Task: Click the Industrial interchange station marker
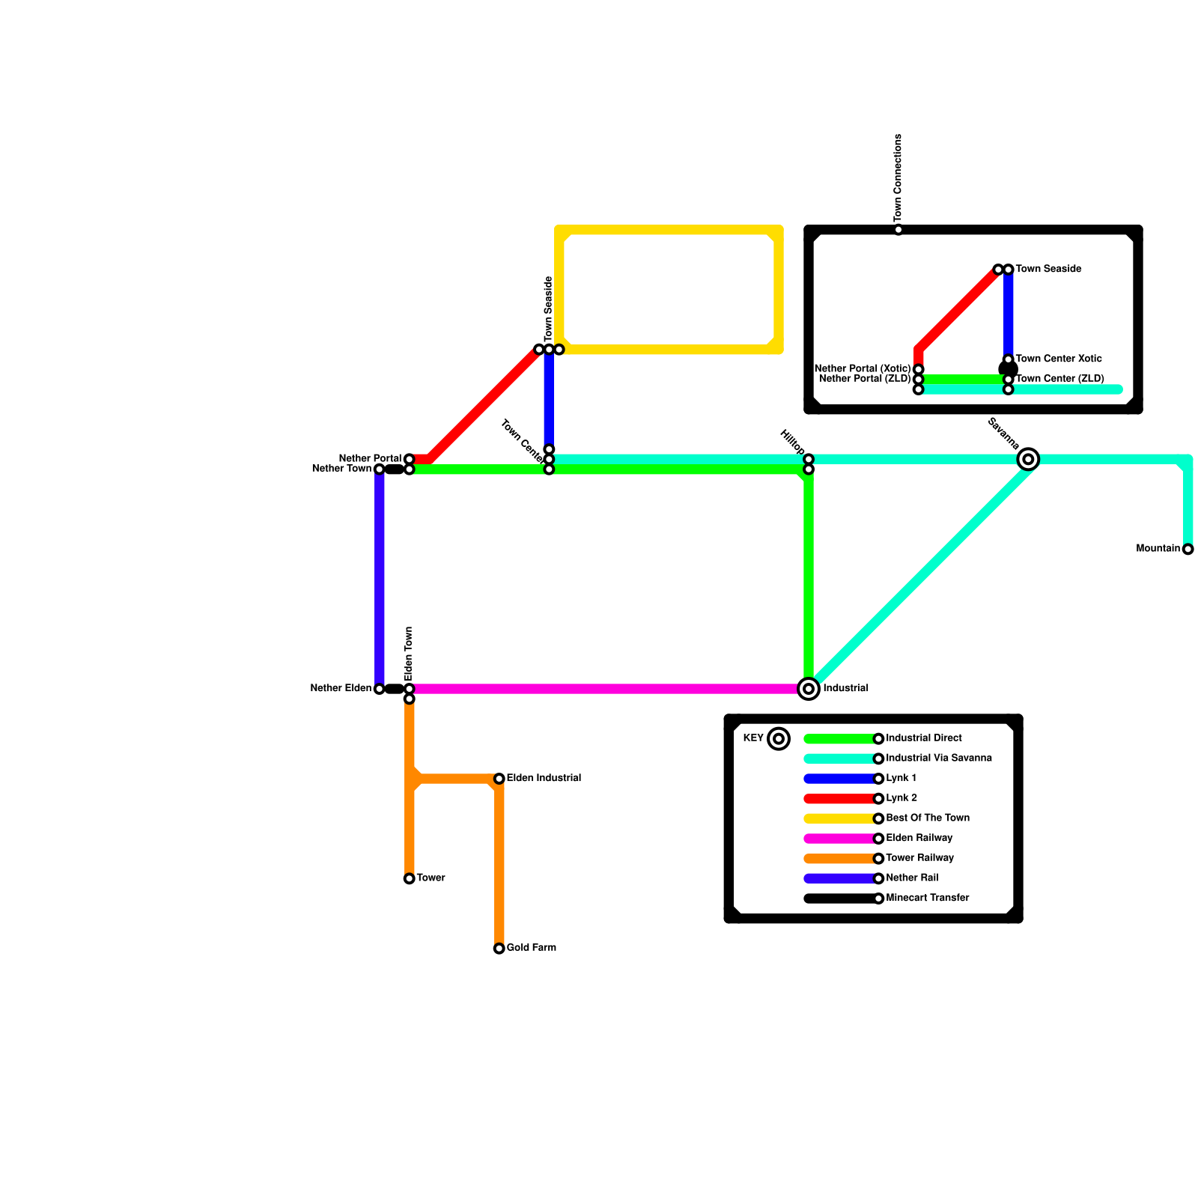pyautogui.click(x=809, y=689)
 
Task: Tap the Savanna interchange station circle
pyautogui.click(x=1029, y=459)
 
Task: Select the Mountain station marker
pyautogui.click(x=1188, y=550)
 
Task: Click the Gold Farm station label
pyautogui.click(x=531, y=948)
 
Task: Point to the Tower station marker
pyautogui.click(x=409, y=878)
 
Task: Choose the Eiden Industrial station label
pyautogui.click(x=544, y=779)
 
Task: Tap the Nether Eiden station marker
pyautogui.click(x=380, y=689)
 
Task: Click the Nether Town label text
pyautogui.click(x=341, y=469)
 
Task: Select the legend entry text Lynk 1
pyautogui.click(x=901, y=779)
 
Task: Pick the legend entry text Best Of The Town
pyautogui.click(x=928, y=818)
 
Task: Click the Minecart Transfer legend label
pyautogui.click(x=928, y=898)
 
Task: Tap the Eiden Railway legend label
pyautogui.click(x=919, y=839)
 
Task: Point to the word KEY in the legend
pyautogui.click(x=753, y=738)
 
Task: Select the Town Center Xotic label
pyautogui.click(x=1058, y=359)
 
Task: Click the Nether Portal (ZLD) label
pyautogui.click(x=865, y=379)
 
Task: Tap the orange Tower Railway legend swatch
pyautogui.click(x=839, y=859)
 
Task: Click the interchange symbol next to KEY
pyautogui.click(x=779, y=739)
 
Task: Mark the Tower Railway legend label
pyautogui.click(x=919, y=858)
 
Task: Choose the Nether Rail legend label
pyautogui.click(x=912, y=878)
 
